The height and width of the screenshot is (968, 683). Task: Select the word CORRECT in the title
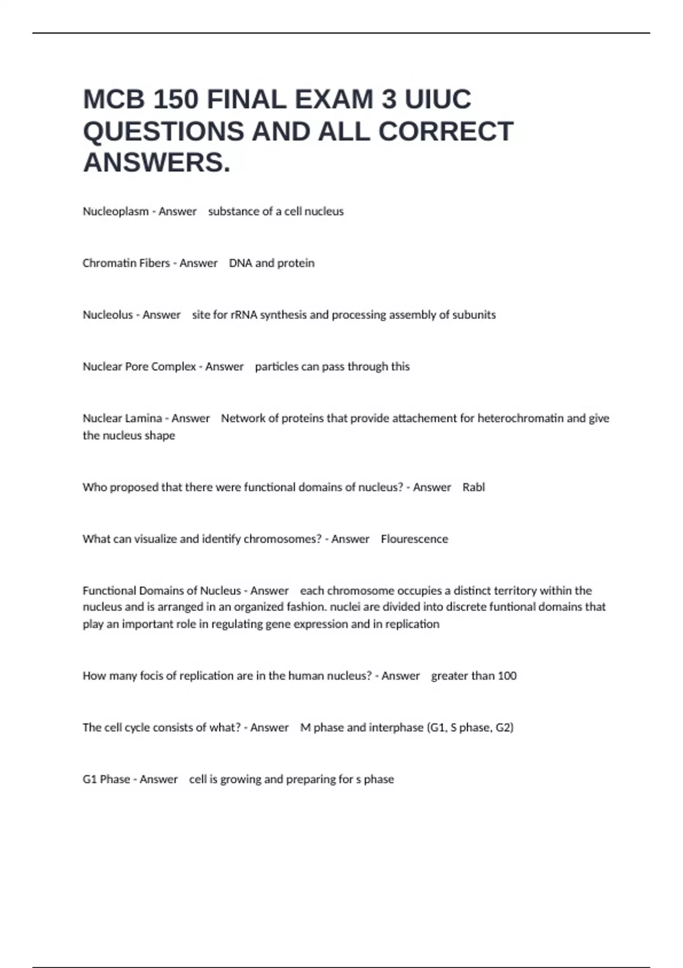[x=446, y=132]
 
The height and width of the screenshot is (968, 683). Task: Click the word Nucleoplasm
[x=116, y=211]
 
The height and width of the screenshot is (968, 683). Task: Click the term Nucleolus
[x=108, y=315]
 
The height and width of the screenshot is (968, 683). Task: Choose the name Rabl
[x=474, y=487]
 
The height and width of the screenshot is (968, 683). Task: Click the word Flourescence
[x=414, y=539]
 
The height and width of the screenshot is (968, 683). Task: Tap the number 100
[x=507, y=676]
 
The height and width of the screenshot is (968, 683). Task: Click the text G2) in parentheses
[x=504, y=728]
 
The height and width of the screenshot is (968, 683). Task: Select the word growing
[x=237, y=780]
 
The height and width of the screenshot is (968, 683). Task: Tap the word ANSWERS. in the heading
[x=157, y=163]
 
